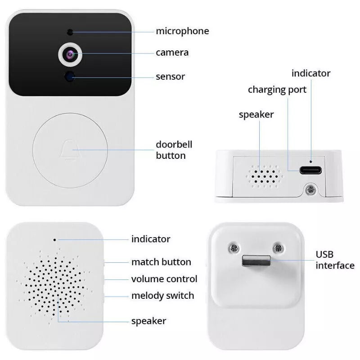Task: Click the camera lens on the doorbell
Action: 70,54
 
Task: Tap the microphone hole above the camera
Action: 70,32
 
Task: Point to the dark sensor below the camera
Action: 70,76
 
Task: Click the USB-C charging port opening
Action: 310,171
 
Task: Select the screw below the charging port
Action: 310,189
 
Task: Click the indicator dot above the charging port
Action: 311,162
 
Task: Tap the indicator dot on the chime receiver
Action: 54,240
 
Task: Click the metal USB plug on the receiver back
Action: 256,261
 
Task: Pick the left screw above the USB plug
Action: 234,248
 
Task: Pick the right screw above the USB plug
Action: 278,248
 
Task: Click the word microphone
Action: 183,31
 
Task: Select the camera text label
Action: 172,53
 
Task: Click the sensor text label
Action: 171,76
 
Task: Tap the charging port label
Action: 277,90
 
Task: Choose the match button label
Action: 161,262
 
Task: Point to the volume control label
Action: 164,279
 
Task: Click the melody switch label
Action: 163,296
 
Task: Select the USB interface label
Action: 335,260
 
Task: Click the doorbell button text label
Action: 174,150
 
